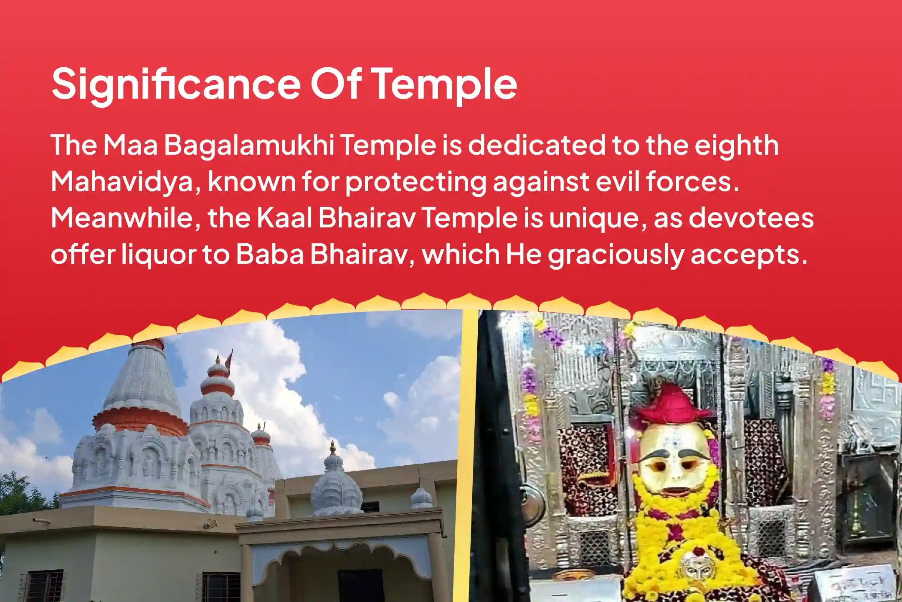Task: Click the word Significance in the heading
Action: pos(175,84)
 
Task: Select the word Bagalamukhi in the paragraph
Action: pos(249,145)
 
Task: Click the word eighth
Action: pos(737,145)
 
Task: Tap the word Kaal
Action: pos(284,218)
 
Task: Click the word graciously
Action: pos(616,254)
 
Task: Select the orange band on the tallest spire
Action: pos(140,420)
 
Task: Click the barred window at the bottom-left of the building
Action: pos(42,585)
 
